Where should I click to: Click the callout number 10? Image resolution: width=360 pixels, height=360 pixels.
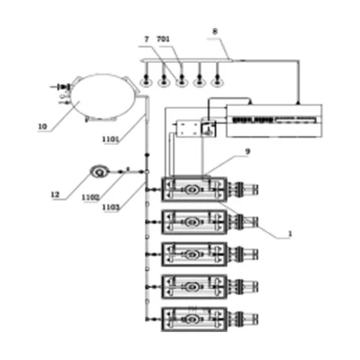coord(42,127)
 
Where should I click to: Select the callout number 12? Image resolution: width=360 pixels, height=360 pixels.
coord(56,193)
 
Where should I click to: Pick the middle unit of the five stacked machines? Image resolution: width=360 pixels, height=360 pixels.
coord(193,254)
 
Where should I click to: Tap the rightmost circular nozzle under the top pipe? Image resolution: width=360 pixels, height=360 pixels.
coord(216,81)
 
